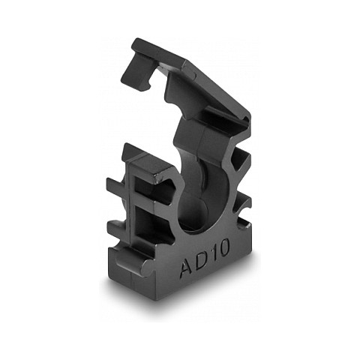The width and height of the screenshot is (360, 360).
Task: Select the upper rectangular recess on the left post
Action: (145, 185)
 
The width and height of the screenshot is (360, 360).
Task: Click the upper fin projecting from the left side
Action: (117, 186)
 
